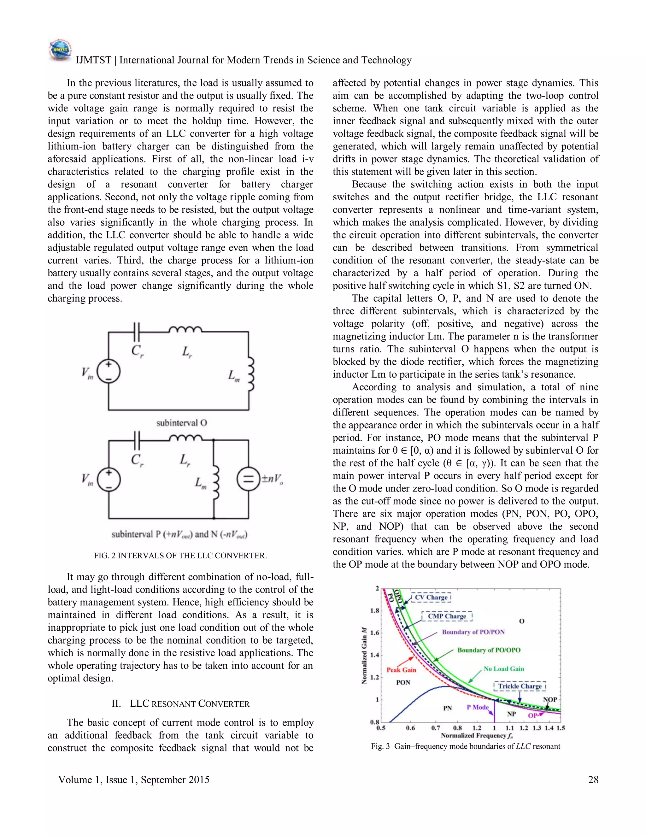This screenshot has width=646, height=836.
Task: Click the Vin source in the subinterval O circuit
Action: pos(109,371)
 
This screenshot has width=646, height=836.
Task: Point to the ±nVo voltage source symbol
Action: pos(249,480)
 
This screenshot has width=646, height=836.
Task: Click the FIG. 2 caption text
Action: pos(180,556)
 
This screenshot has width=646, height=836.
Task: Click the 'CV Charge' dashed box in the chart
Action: pos(431,598)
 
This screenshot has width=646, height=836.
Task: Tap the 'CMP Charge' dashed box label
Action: pos(447,616)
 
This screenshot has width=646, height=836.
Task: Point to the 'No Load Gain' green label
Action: pos(504,669)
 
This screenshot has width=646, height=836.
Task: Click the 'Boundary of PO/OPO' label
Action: pos(489,650)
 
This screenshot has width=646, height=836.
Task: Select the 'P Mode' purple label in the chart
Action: pos(477,707)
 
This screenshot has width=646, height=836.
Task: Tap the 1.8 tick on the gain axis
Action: pos(374,610)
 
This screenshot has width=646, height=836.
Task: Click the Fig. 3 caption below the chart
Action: pos(465,746)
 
